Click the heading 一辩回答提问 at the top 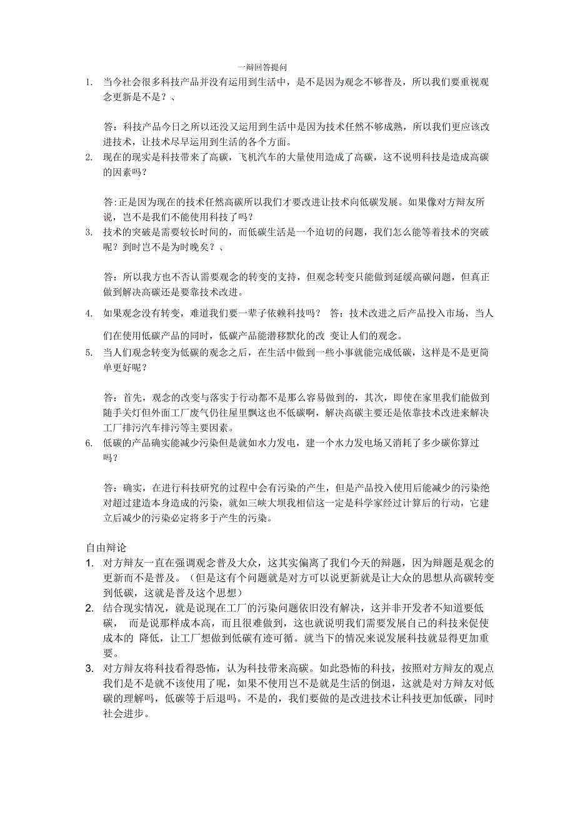click(262, 67)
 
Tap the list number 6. click(89, 443)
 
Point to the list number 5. click(89, 353)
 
